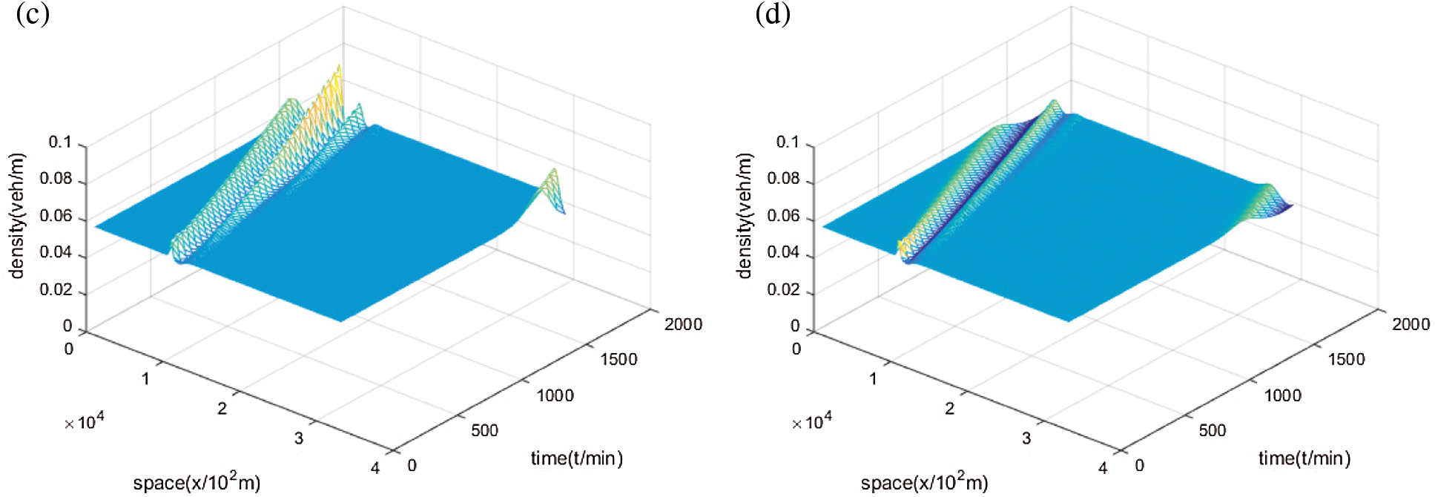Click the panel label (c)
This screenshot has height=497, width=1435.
[33, 14]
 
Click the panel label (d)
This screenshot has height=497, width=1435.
[772, 14]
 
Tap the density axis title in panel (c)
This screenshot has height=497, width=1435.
[17, 216]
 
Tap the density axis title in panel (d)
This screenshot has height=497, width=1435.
[745, 216]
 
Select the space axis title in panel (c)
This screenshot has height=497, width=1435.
[197, 482]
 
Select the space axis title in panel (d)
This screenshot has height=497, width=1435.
[924, 482]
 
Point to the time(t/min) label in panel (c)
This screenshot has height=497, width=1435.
[576, 458]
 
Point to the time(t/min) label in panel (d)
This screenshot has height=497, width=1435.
[1304, 458]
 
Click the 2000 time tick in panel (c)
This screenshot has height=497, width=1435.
[683, 324]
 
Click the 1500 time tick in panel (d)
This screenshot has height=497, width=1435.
[1346, 360]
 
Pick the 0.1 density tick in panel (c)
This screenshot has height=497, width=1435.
[60, 142]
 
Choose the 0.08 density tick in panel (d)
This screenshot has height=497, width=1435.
[783, 179]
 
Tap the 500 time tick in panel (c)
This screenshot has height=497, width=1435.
[484, 430]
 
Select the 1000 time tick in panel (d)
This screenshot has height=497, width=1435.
[1282, 395]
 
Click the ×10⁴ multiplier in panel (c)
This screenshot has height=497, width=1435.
[84, 422]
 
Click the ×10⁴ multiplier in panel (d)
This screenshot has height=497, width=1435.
[811, 422]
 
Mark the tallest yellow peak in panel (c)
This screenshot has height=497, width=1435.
[340, 68]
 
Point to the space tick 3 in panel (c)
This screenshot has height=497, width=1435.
[298, 438]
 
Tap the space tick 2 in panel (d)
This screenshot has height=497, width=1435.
[949, 409]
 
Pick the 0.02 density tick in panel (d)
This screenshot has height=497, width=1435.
[783, 290]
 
